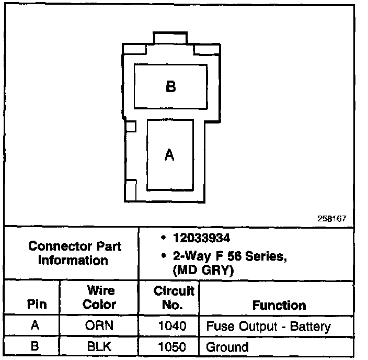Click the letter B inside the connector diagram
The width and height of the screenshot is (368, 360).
tap(170, 86)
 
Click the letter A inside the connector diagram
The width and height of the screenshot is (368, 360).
tap(169, 155)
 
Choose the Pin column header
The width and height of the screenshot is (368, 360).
tap(36, 305)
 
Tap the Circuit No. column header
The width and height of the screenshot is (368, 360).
tap(174, 297)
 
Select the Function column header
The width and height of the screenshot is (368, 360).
tap(279, 305)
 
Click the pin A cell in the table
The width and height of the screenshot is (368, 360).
tap(35, 326)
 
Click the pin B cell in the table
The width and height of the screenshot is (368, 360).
tap(35, 346)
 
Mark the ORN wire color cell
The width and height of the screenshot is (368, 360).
tap(99, 326)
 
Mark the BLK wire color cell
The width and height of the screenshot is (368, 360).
tap(99, 346)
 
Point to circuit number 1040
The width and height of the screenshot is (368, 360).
tap(172, 327)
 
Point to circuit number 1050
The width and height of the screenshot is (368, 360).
tap(172, 346)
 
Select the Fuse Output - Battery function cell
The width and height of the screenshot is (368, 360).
tap(268, 327)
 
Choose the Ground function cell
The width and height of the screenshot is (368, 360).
tap(227, 346)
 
